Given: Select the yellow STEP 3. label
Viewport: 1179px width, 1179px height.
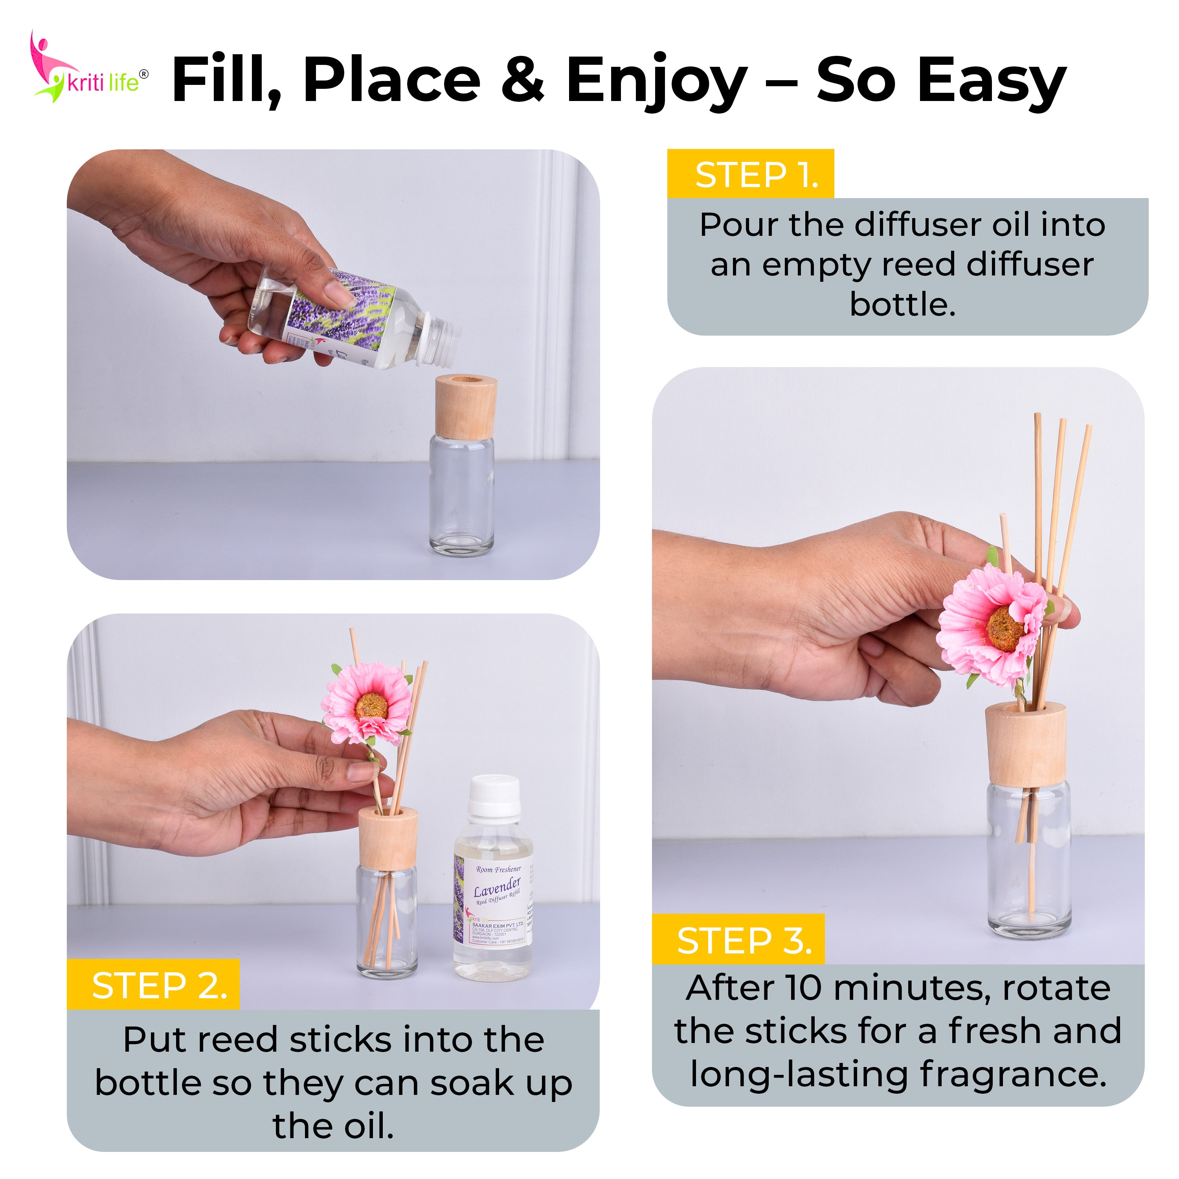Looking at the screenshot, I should tap(738, 940).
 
